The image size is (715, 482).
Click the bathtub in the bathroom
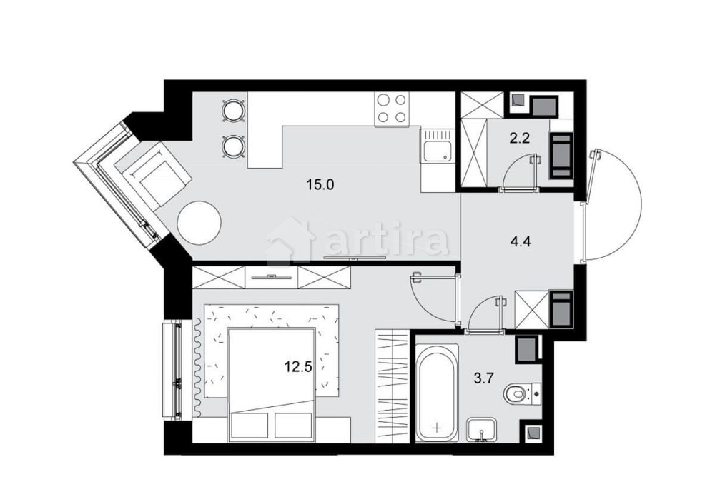click(x=435, y=393)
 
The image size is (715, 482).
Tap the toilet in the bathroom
click(x=520, y=393)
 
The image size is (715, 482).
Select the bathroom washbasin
click(x=485, y=431)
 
